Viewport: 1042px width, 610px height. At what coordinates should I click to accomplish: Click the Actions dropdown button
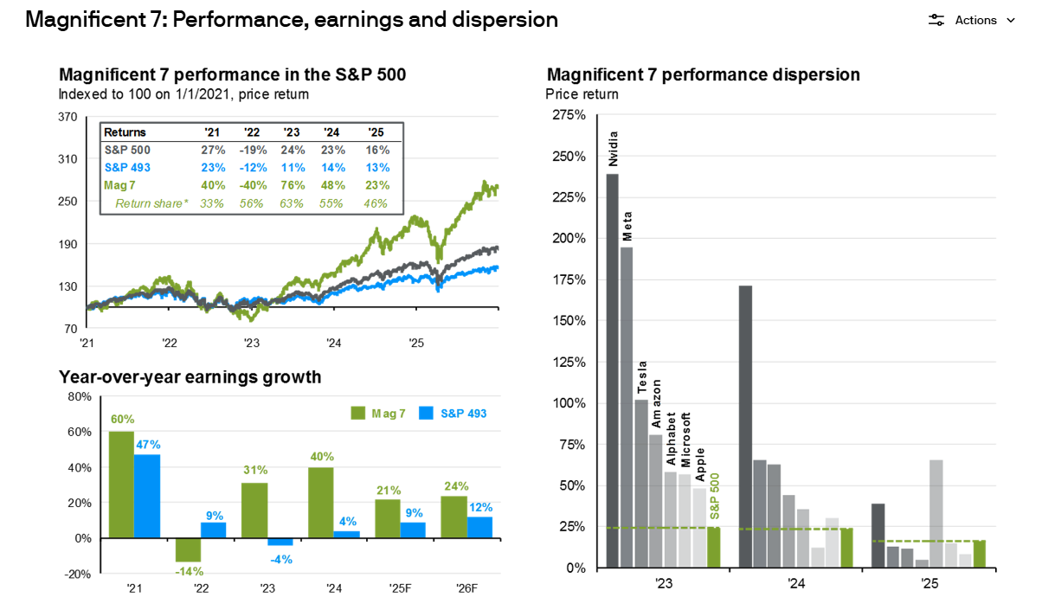pos(972,20)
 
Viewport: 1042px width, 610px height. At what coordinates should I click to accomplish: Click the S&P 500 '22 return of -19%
pos(250,150)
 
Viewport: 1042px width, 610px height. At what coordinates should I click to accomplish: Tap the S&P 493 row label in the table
pos(129,167)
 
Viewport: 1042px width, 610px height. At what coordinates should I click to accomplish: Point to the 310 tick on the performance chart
pos(68,159)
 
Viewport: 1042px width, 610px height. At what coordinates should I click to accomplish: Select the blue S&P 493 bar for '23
pos(280,542)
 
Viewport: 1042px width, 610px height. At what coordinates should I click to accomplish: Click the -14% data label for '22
pos(188,571)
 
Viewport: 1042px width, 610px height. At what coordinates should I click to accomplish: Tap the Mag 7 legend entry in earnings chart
pos(378,414)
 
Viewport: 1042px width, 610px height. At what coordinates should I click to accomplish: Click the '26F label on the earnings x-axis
pos(467,588)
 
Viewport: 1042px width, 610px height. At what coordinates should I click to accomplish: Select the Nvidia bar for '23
pos(612,370)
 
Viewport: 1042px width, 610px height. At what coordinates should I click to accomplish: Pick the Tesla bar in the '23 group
pos(641,483)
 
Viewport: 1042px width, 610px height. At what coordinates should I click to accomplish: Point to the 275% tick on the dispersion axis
pos(569,115)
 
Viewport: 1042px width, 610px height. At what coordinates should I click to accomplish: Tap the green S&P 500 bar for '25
pos(980,554)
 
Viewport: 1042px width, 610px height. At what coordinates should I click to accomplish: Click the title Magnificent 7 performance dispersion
pos(703,74)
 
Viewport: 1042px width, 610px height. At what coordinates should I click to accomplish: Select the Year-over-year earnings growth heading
pos(190,377)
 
